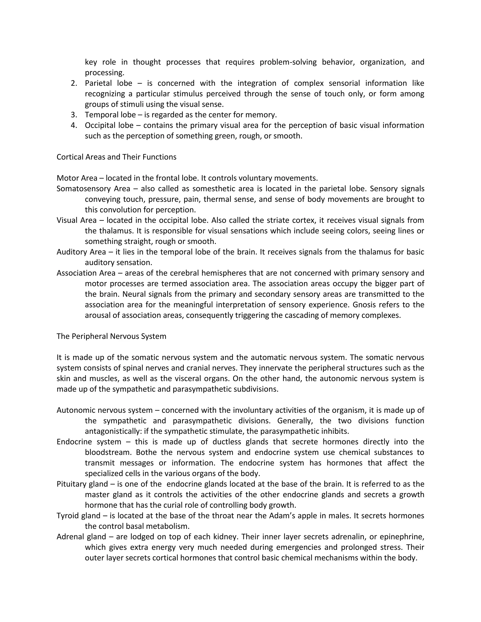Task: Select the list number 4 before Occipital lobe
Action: point(74,126)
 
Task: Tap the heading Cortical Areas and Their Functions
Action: point(116,157)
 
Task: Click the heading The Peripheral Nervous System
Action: point(111,336)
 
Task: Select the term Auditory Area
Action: point(81,252)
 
